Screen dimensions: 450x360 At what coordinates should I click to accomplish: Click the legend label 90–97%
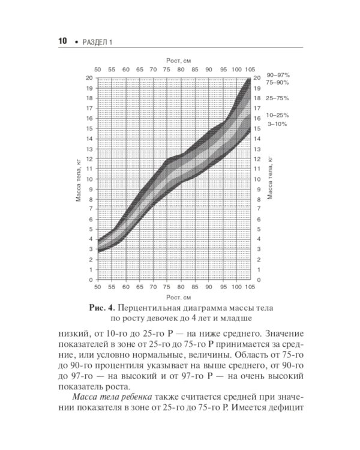[x=278, y=75]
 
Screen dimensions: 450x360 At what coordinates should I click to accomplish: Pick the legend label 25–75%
[x=278, y=98]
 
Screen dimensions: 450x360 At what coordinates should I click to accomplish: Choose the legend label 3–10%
[x=277, y=124]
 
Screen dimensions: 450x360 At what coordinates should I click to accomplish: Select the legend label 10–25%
[x=278, y=115]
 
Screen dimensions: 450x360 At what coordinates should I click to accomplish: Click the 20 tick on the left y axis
[x=89, y=78]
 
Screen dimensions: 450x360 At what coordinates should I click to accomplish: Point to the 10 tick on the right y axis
[x=259, y=179]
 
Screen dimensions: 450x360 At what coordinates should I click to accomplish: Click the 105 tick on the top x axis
[x=249, y=70]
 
